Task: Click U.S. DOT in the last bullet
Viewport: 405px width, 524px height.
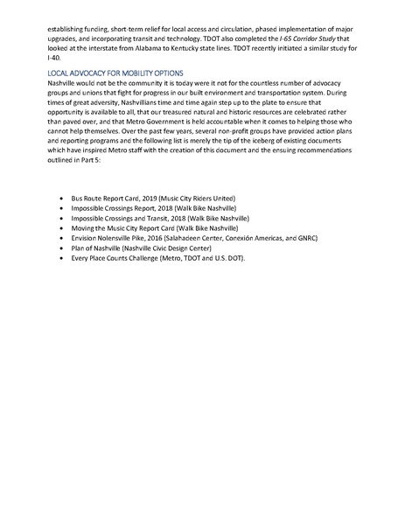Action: [229, 258]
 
